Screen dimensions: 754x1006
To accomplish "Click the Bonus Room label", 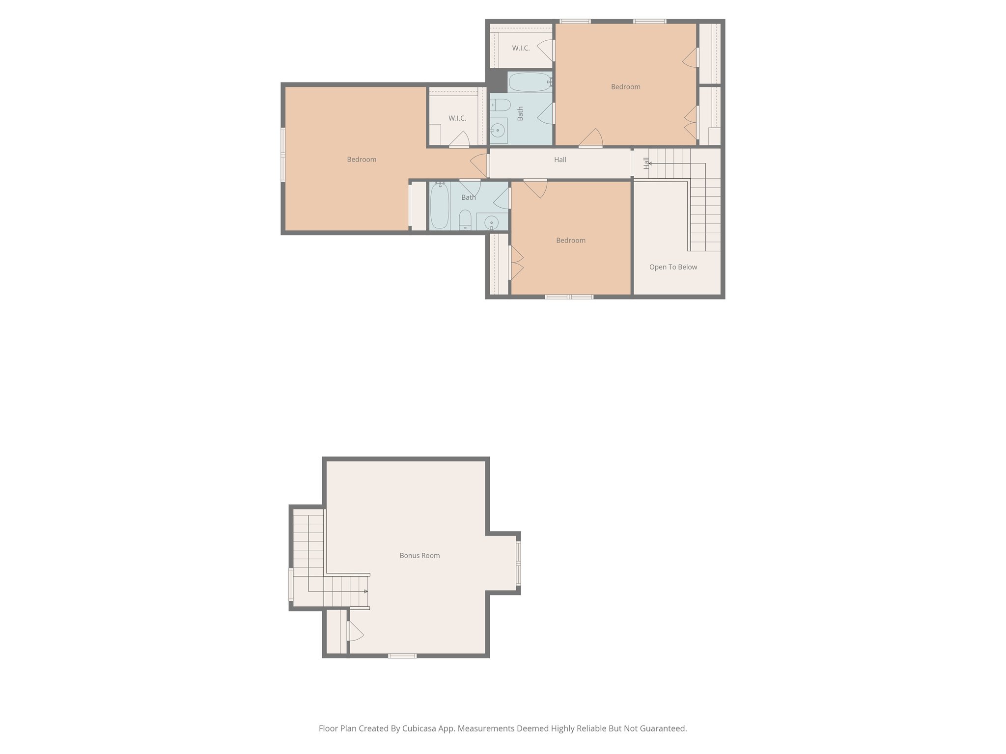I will pos(419,556).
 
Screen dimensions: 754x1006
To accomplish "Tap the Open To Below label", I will pos(673,267).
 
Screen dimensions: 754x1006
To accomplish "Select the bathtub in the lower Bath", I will pos(439,205).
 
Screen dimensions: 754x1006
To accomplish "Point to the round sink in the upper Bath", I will pos(498,131).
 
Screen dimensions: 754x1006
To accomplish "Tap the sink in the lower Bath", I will pos(491,223).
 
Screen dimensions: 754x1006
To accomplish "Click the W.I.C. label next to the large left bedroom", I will pos(457,118).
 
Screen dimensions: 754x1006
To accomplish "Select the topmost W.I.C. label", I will pos(521,48).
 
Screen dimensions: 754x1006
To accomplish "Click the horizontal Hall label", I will pos(560,160).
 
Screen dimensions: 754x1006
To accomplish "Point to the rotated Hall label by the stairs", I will pos(646,163).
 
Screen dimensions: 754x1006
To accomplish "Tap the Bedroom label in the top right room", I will pos(625,87).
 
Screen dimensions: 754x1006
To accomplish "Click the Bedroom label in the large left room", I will pos(362,160).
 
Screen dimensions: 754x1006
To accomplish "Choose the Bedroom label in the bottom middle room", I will pos(570,241).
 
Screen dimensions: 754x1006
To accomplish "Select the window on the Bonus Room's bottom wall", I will pos(402,656).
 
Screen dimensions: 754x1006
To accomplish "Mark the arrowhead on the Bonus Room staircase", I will pos(365,592).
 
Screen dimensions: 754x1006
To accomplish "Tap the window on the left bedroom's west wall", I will pos(283,155).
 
